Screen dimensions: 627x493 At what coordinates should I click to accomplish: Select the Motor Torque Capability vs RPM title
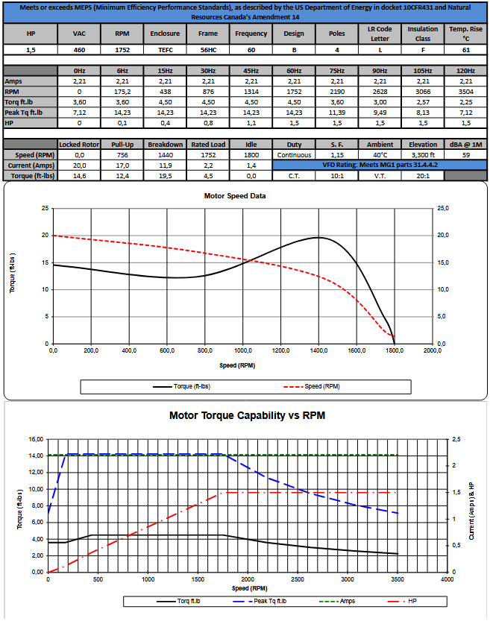pos(247,415)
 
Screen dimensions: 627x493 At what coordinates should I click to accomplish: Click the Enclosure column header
pos(164,34)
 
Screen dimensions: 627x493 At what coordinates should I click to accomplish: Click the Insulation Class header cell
pos(423,34)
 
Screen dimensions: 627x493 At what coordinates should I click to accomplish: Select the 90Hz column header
pos(380,70)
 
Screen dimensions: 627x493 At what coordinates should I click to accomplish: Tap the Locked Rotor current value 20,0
pos(79,166)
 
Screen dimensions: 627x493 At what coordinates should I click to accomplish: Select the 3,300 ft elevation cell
pos(423,155)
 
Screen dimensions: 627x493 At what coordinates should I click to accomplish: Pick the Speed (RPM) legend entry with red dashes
pos(313,386)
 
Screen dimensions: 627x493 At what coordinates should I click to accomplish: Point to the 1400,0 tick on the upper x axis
pos(318,350)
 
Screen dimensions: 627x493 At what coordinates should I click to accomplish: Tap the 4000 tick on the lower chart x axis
pos(448,579)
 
